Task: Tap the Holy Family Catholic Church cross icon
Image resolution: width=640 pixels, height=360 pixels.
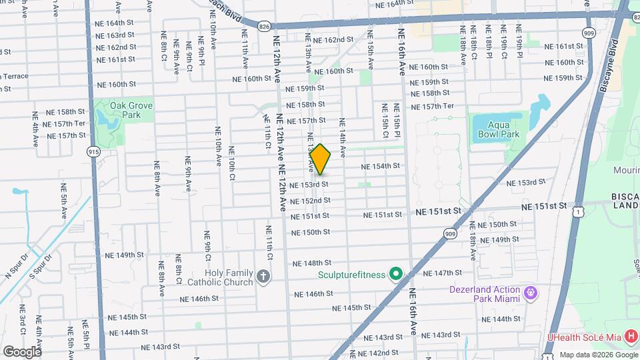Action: point(263,277)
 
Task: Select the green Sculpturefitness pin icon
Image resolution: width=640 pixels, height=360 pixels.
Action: point(395,273)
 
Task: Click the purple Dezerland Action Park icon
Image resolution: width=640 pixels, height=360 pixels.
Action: point(531,293)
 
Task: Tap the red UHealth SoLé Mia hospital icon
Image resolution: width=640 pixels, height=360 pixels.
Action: point(630,339)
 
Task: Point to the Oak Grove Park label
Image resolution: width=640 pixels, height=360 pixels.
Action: point(132,110)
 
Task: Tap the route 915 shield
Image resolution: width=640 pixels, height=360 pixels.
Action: point(93,153)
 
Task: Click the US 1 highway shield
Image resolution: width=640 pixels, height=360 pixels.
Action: point(581,211)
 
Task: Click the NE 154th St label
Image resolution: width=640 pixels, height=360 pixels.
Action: point(380,166)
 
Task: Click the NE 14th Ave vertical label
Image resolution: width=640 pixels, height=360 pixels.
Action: point(342,138)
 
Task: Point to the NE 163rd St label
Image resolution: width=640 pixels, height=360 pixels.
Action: point(116,35)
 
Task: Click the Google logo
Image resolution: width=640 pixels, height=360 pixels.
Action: point(22,351)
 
